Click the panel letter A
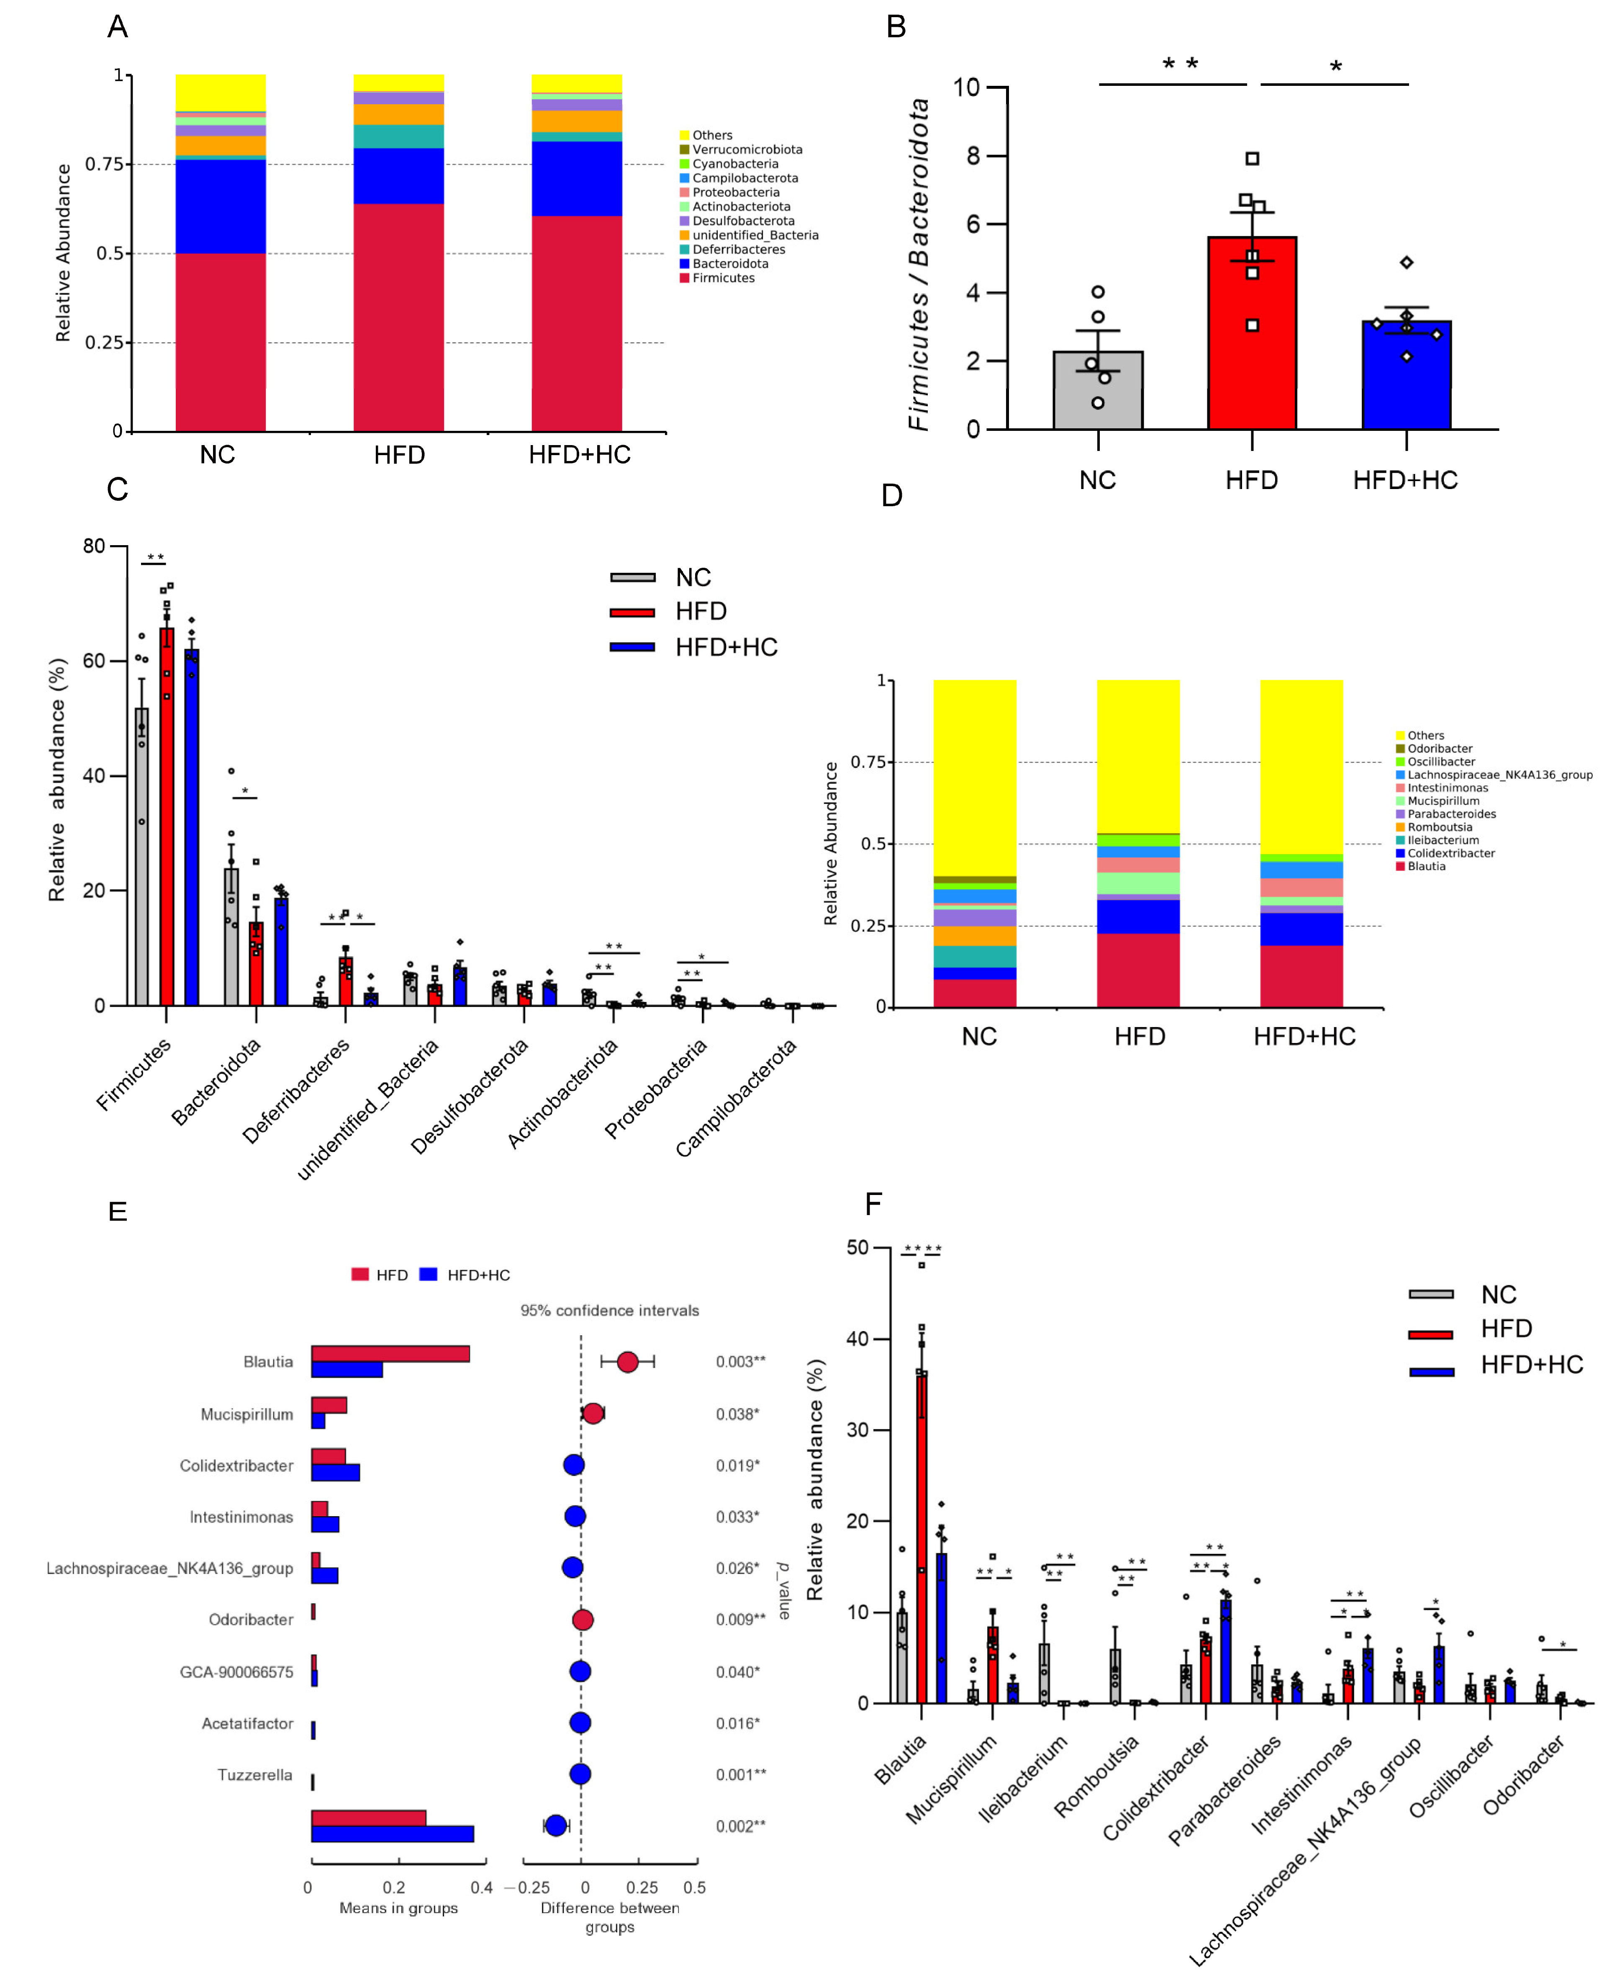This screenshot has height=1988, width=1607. click(x=118, y=27)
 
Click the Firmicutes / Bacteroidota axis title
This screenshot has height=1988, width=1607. click(x=918, y=264)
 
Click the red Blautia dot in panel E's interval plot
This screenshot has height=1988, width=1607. click(x=628, y=1361)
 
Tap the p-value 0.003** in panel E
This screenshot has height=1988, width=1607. click(x=741, y=1361)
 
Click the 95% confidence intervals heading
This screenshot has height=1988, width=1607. click(x=609, y=1310)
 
